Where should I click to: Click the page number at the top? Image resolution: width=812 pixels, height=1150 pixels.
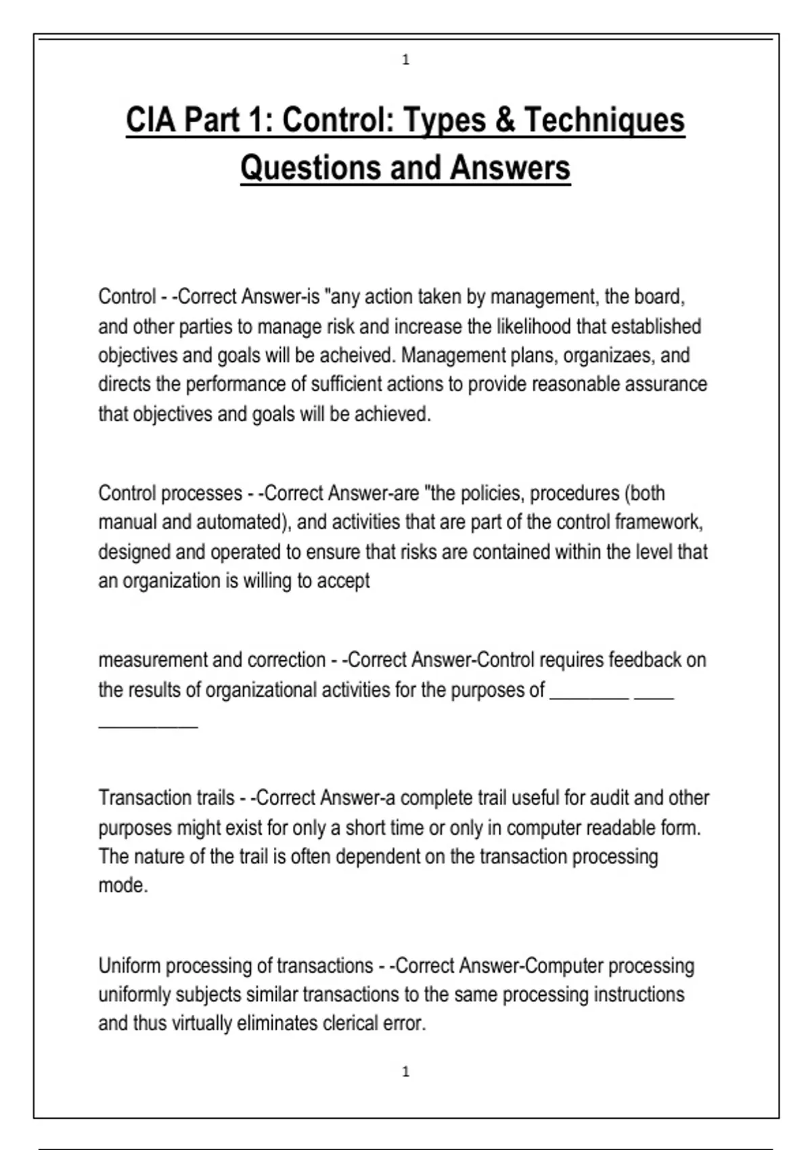click(406, 60)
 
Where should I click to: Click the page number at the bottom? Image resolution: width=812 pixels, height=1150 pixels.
click(406, 1072)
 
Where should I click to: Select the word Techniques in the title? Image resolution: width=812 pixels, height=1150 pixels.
click(604, 120)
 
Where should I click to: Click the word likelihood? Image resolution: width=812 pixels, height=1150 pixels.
click(534, 326)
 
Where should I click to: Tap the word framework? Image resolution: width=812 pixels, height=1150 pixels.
click(659, 522)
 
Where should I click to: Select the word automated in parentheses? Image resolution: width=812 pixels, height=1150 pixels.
click(238, 522)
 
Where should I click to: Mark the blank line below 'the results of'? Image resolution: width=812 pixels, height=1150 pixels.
click(148, 726)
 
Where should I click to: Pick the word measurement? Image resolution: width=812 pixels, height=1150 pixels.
click(153, 660)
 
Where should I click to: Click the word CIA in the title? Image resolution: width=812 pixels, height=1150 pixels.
click(151, 120)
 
